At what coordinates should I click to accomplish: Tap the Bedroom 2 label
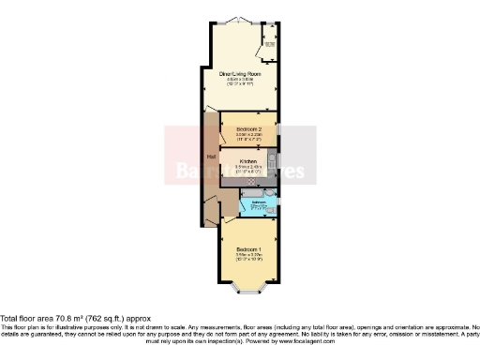point(248,127)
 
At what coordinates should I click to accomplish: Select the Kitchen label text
point(247,161)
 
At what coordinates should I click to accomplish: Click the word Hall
point(210,157)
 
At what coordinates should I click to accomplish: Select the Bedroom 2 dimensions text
point(248,137)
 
